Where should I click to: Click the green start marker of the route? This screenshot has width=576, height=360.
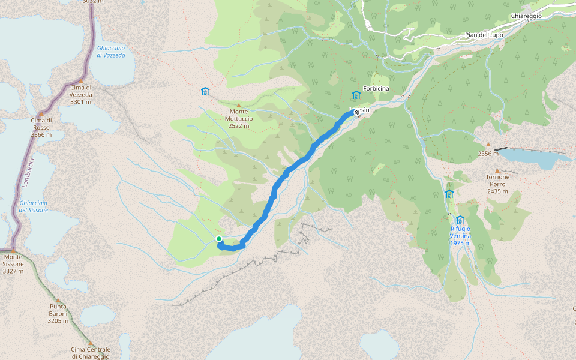219,239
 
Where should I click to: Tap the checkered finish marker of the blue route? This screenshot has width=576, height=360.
357,112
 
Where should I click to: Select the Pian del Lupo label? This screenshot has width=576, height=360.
484,35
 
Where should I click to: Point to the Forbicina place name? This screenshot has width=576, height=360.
376,89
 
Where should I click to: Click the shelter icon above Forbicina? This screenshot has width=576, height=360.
356,94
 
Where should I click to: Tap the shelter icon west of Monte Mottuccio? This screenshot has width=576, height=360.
205,91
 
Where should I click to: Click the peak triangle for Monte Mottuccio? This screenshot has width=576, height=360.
239,106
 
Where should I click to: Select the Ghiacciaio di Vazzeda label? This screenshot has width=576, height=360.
111,51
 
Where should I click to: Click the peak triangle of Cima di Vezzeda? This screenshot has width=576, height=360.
81,81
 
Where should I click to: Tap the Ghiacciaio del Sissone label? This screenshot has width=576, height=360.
34,206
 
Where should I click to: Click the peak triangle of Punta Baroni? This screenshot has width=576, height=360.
58,301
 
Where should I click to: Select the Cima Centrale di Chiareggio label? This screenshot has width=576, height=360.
91,353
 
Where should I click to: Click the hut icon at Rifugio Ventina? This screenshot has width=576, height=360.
460,220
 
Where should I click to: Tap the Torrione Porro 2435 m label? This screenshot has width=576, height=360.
498,184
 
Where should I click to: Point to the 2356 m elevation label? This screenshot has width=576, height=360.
488,154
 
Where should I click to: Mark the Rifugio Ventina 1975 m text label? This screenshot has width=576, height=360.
460,232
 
